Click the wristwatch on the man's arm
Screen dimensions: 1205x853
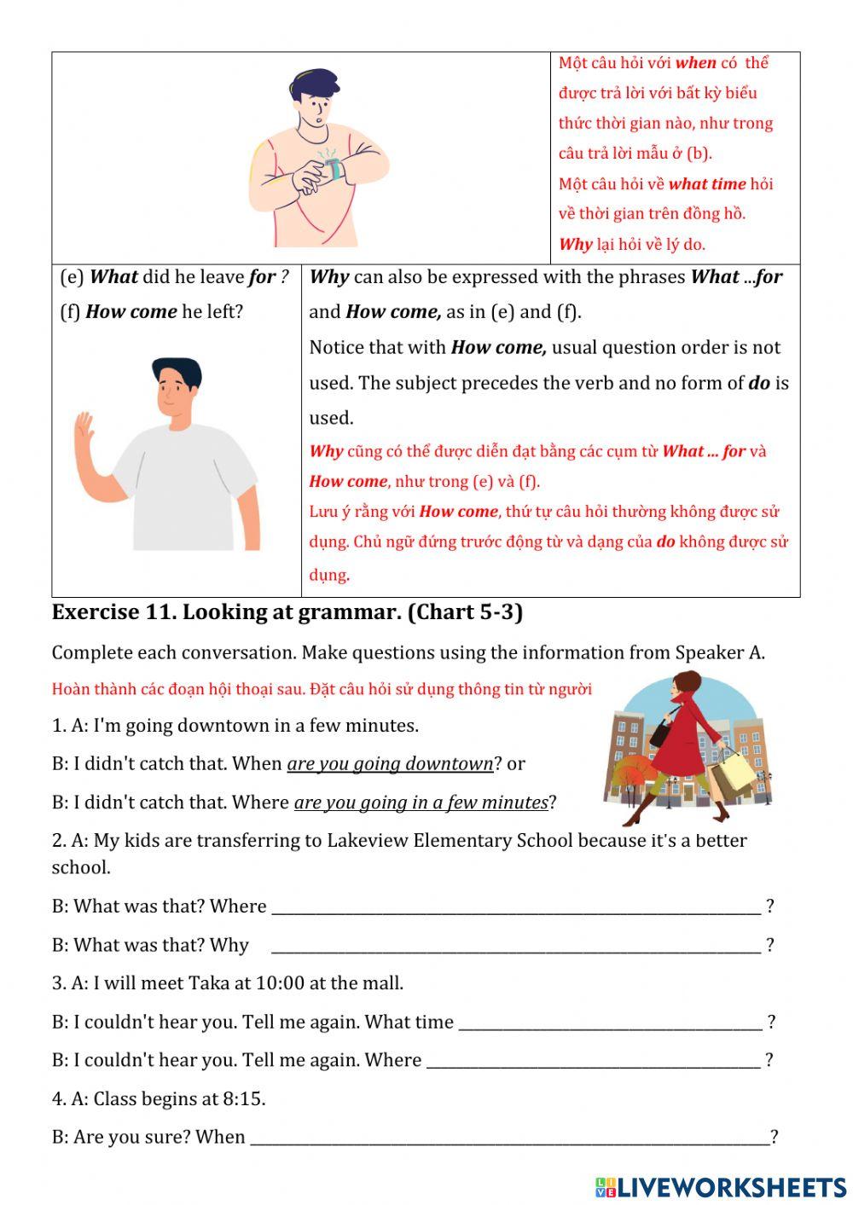click(x=334, y=167)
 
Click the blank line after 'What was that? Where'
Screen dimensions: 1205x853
click(x=515, y=907)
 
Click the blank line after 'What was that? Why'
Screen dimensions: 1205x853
click(x=515, y=945)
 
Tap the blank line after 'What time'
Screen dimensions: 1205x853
click(x=610, y=1022)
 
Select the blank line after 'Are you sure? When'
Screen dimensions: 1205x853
click(x=509, y=1138)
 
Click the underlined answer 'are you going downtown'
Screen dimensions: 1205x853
click(x=390, y=764)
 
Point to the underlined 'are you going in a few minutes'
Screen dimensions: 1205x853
click(x=421, y=802)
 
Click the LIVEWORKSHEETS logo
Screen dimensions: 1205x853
click(x=721, y=1187)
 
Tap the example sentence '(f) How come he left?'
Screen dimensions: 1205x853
click(x=152, y=312)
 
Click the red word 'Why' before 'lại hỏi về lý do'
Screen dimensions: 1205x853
click(x=575, y=245)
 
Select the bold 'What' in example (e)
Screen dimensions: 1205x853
click(x=113, y=277)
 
